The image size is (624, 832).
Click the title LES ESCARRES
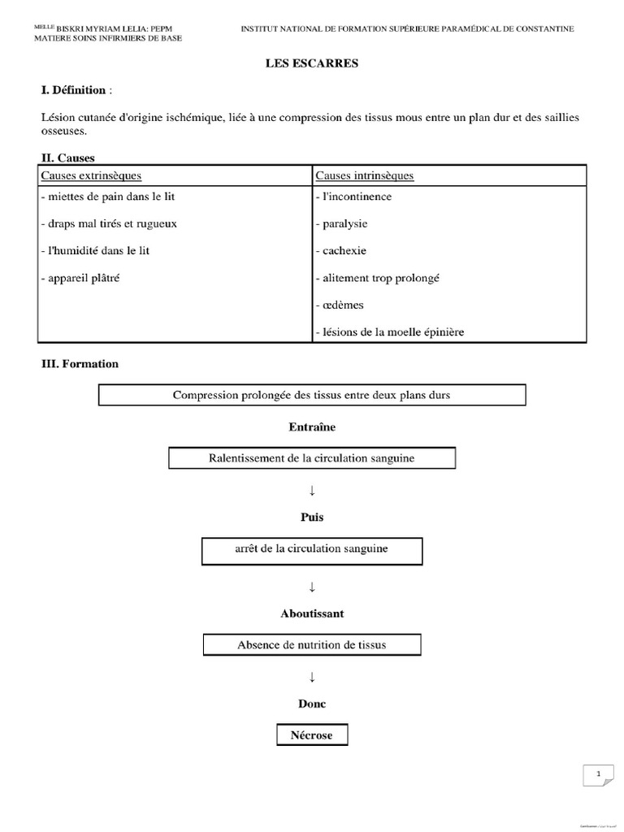312,63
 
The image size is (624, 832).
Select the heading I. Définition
73,89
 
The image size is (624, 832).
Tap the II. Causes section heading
68,158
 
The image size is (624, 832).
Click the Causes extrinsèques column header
91,175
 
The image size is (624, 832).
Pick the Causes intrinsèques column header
365,175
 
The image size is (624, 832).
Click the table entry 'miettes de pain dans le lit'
106,197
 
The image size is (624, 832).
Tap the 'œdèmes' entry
339,305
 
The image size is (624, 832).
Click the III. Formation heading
80,364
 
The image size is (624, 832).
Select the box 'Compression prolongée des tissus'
312,395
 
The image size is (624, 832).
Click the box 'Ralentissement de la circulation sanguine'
312,458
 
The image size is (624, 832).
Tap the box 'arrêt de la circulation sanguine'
312,549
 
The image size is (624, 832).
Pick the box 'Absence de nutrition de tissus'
312,645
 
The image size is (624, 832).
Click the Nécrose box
312,735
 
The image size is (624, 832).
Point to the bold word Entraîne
312,427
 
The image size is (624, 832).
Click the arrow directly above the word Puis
312,490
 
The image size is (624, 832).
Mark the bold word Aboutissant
312,613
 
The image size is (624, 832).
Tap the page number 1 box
599,775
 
